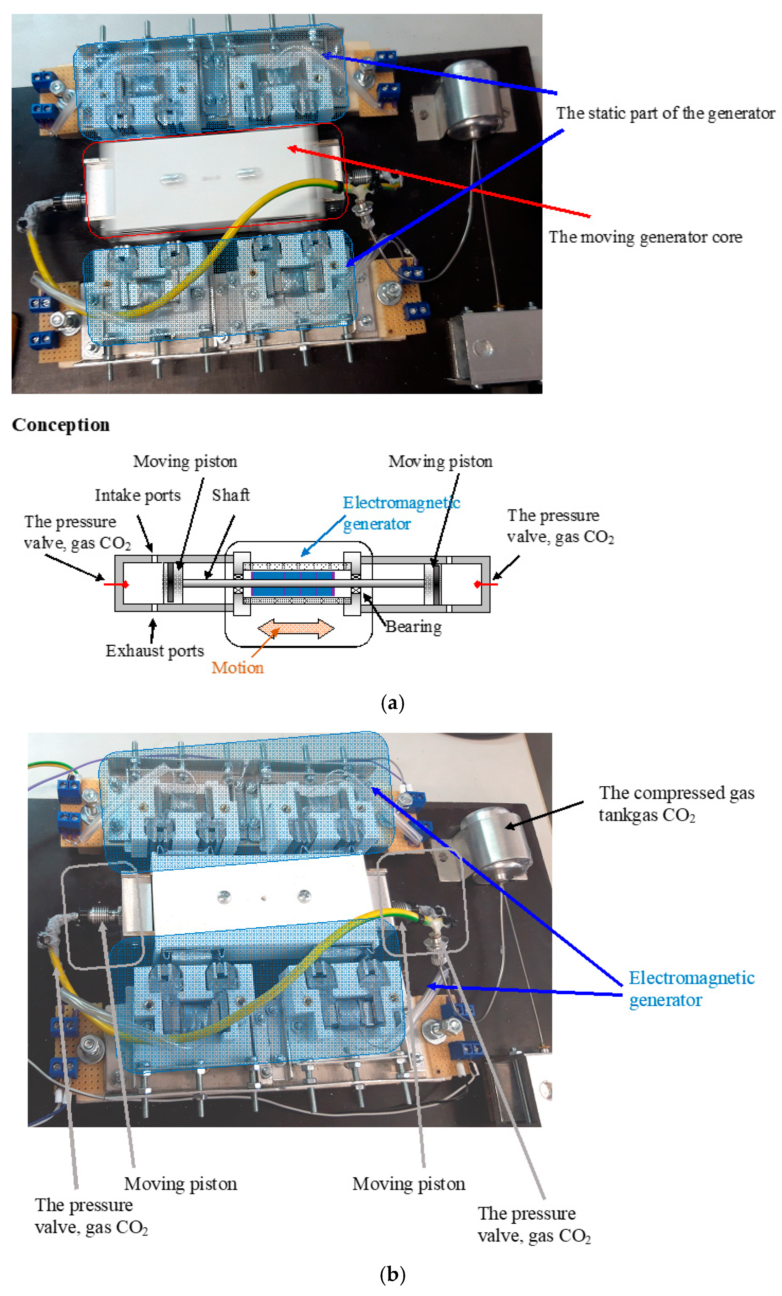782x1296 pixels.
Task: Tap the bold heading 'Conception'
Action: coord(60,425)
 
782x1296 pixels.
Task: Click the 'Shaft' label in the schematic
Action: coord(231,495)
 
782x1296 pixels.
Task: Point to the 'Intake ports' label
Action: coord(137,495)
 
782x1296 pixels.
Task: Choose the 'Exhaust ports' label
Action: coord(154,651)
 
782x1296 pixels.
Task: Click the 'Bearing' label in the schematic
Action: coord(413,627)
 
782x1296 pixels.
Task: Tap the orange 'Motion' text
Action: coord(237,668)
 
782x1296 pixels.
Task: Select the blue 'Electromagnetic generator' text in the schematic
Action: coord(401,513)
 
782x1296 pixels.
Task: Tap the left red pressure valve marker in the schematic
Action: coord(116,584)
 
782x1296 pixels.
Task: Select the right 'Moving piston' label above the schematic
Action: coord(440,461)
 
